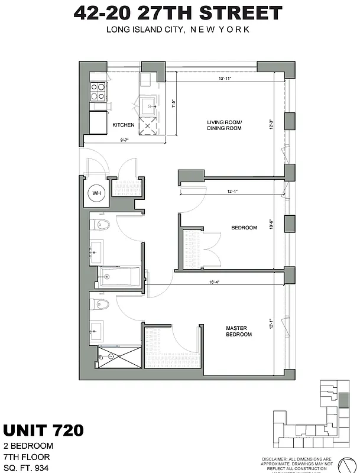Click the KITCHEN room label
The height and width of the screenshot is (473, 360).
coord(124,125)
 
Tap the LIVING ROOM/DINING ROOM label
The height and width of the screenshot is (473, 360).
coord(225,125)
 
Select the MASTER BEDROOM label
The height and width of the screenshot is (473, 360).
coord(239,331)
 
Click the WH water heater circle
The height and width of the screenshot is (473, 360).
coord(96,192)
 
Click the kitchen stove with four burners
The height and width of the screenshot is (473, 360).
coord(98,90)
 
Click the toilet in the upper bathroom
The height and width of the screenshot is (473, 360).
coord(99,225)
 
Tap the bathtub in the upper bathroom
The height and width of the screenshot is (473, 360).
coord(120,275)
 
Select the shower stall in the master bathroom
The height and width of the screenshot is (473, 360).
coord(119,357)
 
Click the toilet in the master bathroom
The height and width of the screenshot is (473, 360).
coord(100,304)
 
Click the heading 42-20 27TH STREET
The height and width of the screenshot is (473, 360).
coord(178,13)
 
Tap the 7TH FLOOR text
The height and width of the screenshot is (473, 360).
coord(26,456)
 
